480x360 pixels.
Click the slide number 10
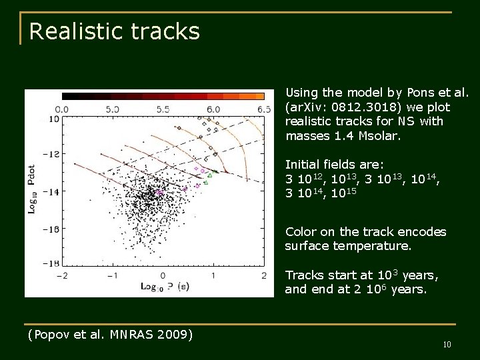pyautogui.click(x=447, y=345)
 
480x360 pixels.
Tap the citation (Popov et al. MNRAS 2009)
pyautogui.click(x=110, y=333)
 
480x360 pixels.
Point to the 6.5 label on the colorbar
pyautogui.click(x=263, y=109)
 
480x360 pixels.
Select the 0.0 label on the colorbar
pyautogui.click(x=62, y=109)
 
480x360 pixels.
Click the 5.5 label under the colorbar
pyautogui.click(x=163, y=109)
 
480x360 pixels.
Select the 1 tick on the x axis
pyautogui.click(x=213, y=275)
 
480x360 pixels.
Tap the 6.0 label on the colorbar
pyautogui.click(x=213, y=109)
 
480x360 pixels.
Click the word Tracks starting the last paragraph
pyautogui.click(x=304, y=275)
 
